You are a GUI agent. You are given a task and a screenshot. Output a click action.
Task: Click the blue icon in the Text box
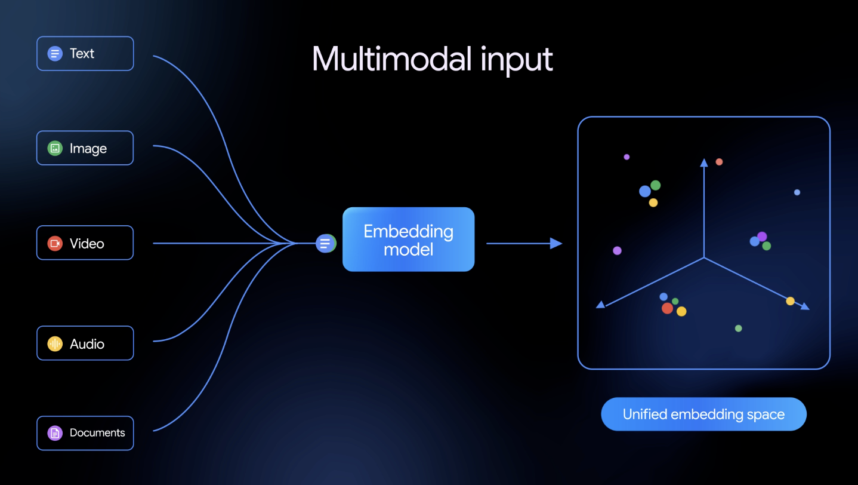click(x=55, y=54)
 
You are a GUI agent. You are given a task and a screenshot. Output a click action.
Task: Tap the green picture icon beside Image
click(x=55, y=148)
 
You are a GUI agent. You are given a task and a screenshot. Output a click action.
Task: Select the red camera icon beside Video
click(x=55, y=243)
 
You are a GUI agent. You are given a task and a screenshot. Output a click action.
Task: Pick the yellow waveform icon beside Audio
click(x=55, y=343)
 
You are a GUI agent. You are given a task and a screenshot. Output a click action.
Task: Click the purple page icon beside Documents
click(x=55, y=433)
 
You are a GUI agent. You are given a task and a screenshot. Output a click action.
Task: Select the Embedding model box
click(x=408, y=240)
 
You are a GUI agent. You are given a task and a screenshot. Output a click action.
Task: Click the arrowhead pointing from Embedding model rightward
click(x=556, y=243)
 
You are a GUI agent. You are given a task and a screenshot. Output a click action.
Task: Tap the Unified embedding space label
click(x=703, y=414)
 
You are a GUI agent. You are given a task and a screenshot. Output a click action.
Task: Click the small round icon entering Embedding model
click(x=325, y=243)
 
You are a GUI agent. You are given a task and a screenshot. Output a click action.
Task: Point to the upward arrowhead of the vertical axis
click(x=704, y=162)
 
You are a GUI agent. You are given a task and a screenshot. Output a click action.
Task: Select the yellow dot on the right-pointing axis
click(x=790, y=301)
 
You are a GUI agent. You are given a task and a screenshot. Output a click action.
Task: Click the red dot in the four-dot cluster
click(x=667, y=308)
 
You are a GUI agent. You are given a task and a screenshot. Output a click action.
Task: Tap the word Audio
click(x=87, y=344)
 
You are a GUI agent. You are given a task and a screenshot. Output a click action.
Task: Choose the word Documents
click(x=97, y=433)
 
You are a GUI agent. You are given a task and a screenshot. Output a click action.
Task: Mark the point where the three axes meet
click(x=704, y=258)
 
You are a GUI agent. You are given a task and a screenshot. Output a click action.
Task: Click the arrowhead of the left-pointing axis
click(x=601, y=305)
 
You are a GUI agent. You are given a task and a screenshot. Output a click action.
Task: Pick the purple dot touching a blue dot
click(x=762, y=237)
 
